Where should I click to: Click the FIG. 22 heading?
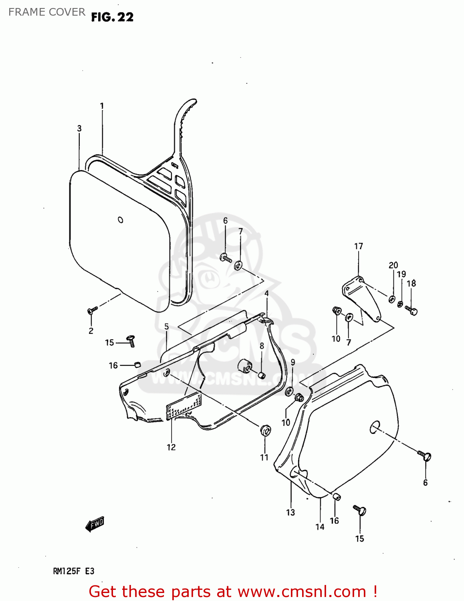(x=112, y=17)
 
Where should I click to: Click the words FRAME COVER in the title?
(x=47, y=12)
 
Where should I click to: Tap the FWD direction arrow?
(x=95, y=524)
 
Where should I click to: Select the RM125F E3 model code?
(x=74, y=571)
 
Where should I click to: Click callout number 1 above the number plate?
(x=102, y=106)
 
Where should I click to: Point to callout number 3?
(x=79, y=128)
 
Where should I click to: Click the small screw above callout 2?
(x=92, y=310)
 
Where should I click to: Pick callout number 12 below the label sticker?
(x=171, y=447)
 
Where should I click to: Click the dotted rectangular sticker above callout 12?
(x=184, y=406)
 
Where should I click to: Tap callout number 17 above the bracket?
(x=359, y=246)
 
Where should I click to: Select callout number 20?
(x=393, y=265)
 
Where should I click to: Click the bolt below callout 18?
(x=412, y=310)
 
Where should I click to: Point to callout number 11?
(x=264, y=457)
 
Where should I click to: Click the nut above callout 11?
(x=265, y=430)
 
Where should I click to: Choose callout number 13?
(x=291, y=512)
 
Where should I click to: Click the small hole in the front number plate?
(x=121, y=220)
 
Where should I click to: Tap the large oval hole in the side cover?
(x=375, y=427)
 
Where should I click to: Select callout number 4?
(x=266, y=293)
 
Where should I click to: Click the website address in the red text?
(x=302, y=591)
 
